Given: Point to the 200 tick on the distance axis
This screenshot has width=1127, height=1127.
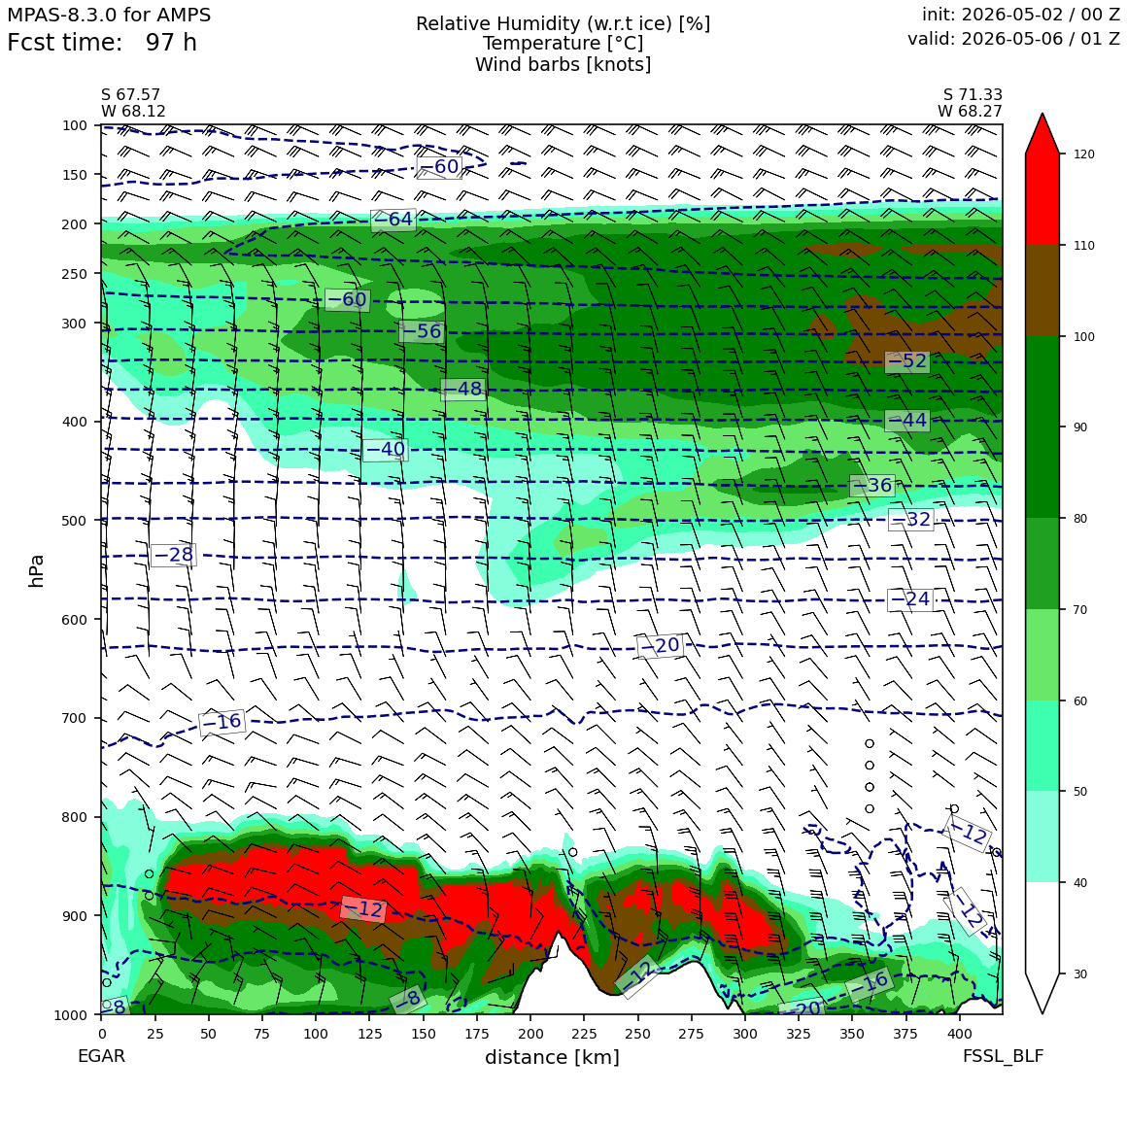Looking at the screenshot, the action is pos(531,1034).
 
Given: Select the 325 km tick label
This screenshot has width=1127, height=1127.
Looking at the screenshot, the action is pos(800,1034).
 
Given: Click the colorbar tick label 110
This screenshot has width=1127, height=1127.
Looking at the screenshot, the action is pos(1084,246).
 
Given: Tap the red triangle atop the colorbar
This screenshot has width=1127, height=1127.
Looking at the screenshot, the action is pos(1042,133).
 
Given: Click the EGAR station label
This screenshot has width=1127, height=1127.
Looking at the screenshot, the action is pos(101,1056).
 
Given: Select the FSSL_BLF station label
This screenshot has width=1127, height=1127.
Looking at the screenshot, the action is pos(1003,1056).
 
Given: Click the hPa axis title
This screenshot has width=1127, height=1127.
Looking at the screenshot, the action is pos(37,570).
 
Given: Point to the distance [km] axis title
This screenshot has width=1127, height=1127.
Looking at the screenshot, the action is pos(552,1057).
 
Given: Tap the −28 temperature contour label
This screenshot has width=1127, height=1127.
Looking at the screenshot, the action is pos(173,555).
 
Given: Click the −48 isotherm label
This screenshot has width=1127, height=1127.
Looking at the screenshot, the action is pos(462,389).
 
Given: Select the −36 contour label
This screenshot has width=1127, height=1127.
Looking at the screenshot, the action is pos(871,485).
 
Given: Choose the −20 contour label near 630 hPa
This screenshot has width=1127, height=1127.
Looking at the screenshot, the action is pos(659,645).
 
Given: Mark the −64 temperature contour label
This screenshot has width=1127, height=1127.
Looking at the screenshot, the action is pos(393,220).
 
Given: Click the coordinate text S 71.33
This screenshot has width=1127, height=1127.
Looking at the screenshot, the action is pos(973,95).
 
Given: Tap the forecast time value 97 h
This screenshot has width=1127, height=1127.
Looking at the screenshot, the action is pos(171,43).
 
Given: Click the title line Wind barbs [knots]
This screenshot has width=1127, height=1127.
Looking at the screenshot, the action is pos(563,65).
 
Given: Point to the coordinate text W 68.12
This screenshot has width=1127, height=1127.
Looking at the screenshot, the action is pos(134,112).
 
